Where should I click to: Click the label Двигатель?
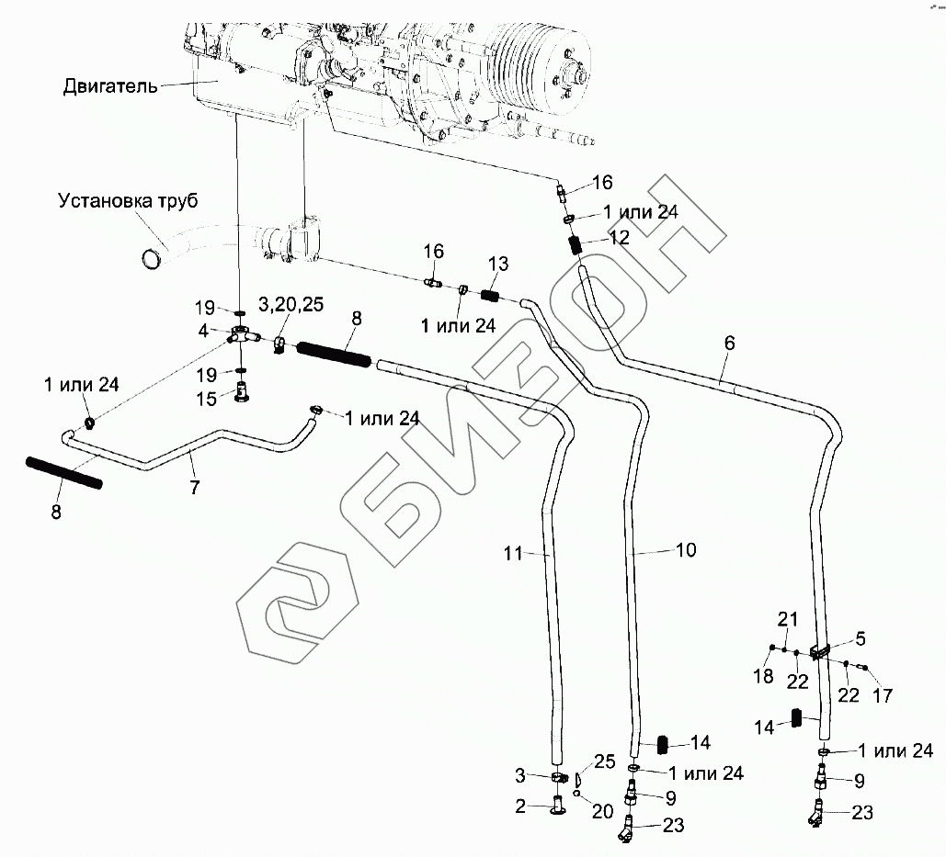tap(110, 87)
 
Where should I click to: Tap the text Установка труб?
tap(128, 200)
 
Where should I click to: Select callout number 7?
tap(194, 488)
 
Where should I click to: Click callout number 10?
tap(686, 550)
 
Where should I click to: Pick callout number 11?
tap(512, 553)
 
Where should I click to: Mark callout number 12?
tap(619, 237)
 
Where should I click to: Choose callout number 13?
tap(497, 265)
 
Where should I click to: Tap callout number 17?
tap(882, 696)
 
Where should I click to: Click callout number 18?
tap(763, 677)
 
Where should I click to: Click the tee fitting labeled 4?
tap(241, 336)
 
